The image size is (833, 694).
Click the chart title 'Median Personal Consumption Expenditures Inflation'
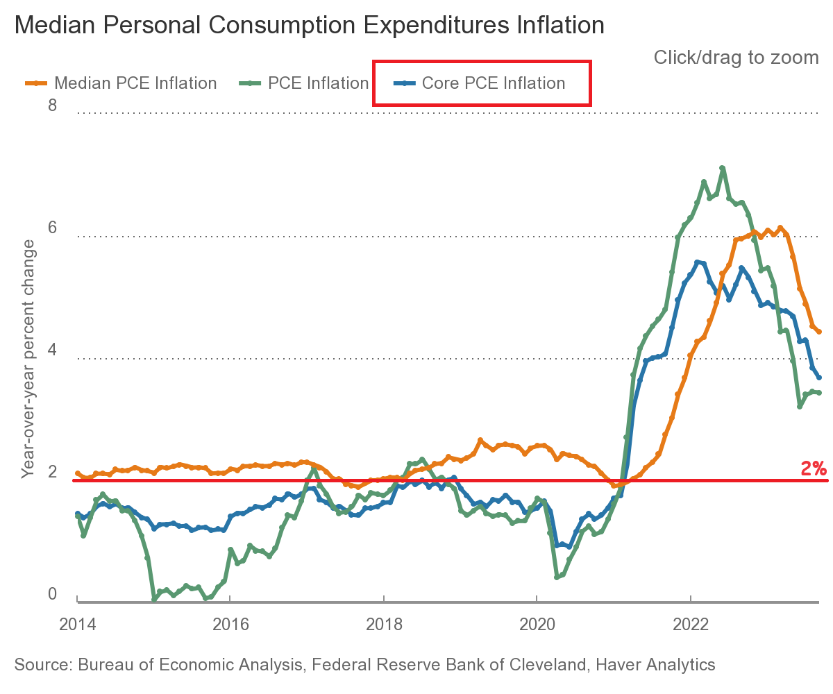pos(309,26)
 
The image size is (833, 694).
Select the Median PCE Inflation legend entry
pos(121,83)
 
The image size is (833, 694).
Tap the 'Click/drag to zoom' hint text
pos(736,58)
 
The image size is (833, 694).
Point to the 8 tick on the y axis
pos(51,106)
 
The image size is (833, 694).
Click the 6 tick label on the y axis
pos(51,229)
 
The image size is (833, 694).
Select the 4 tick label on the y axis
pos(51,351)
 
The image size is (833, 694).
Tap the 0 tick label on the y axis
pos(51,595)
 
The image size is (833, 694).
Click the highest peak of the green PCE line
pos(723,168)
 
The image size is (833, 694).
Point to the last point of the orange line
pos(820,332)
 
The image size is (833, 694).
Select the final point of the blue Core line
pos(820,378)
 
